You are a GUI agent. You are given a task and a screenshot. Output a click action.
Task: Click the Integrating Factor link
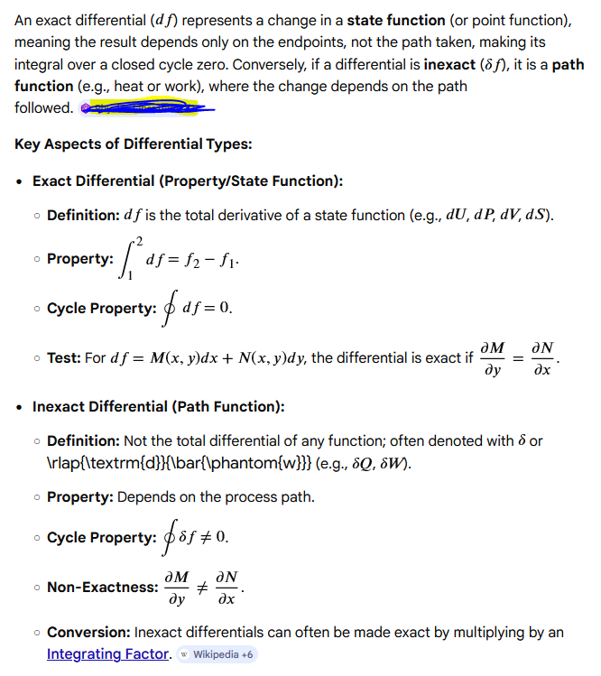(108, 653)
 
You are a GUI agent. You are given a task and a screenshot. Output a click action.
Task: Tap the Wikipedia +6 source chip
(218, 653)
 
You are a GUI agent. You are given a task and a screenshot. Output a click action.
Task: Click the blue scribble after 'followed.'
(149, 108)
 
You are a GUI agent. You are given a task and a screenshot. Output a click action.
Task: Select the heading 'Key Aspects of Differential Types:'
(134, 144)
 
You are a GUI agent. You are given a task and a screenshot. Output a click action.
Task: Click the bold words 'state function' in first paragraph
(396, 20)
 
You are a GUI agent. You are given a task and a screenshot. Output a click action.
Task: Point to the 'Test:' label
(64, 358)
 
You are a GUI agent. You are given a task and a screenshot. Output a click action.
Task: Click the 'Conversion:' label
(88, 632)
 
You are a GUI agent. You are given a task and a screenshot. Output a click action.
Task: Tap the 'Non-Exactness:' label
(102, 587)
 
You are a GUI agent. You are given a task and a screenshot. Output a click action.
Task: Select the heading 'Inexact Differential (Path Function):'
(159, 406)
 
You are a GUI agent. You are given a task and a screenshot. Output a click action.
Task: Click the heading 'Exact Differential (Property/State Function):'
(188, 181)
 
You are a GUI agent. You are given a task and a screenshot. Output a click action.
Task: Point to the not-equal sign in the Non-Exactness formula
(203, 587)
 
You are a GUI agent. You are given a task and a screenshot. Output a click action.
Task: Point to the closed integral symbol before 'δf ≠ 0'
(169, 538)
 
